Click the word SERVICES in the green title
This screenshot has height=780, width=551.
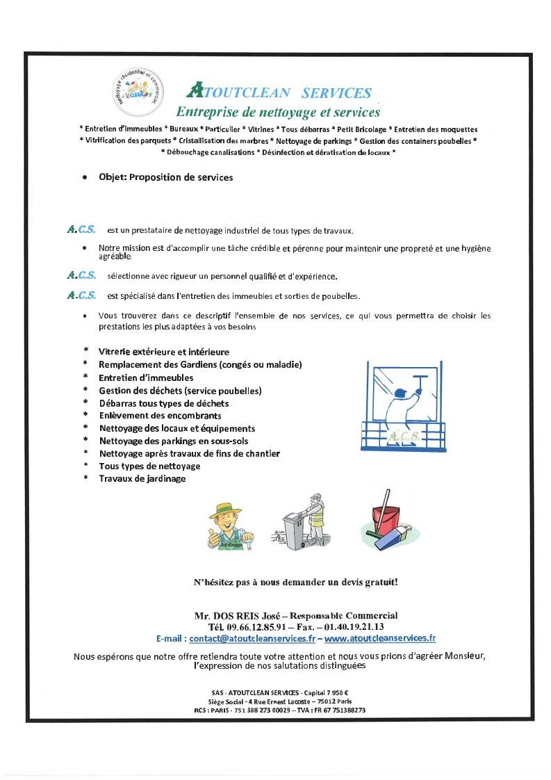tap(337, 93)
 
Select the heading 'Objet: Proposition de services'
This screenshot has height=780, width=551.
tap(165, 177)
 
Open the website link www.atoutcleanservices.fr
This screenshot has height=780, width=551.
tap(380, 637)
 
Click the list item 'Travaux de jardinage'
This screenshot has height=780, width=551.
tap(142, 478)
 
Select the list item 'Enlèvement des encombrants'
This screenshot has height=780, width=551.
tap(160, 415)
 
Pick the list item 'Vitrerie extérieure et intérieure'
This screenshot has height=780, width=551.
tap(164, 352)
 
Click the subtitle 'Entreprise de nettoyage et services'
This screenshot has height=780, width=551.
tap(278, 111)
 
